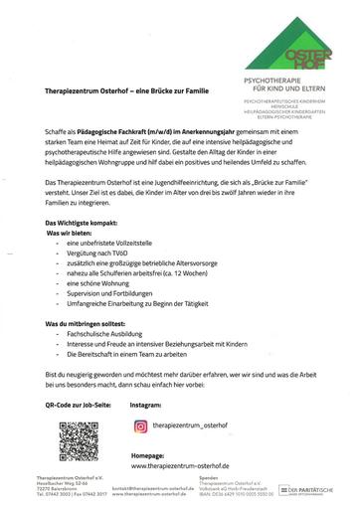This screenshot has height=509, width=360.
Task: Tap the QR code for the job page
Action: point(79,439)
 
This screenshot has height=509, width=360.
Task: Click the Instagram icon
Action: point(140,425)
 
